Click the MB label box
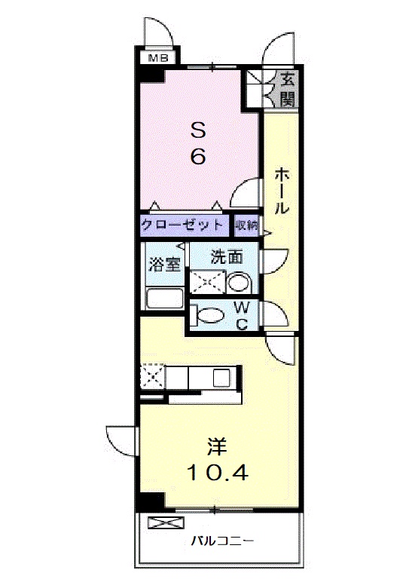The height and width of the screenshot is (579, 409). click(x=157, y=57)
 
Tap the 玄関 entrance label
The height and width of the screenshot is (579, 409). click(x=287, y=87)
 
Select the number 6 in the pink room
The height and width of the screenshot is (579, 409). click(x=197, y=157)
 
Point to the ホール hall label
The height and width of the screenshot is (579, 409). click(x=280, y=191)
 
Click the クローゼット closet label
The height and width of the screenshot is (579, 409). click(x=182, y=225)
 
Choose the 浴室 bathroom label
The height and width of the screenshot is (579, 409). click(x=163, y=265)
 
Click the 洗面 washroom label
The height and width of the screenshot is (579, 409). click(x=226, y=256)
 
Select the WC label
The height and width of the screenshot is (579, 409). click(x=242, y=315)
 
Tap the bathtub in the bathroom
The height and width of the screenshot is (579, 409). click(x=164, y=298)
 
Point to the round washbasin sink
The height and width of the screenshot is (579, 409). click(x=239, y=283)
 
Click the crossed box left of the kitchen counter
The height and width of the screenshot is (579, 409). click(x=152, y=375)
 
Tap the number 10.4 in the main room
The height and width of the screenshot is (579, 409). click(x=217, y=473)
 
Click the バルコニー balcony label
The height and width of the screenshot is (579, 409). click(x=221, y=541)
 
